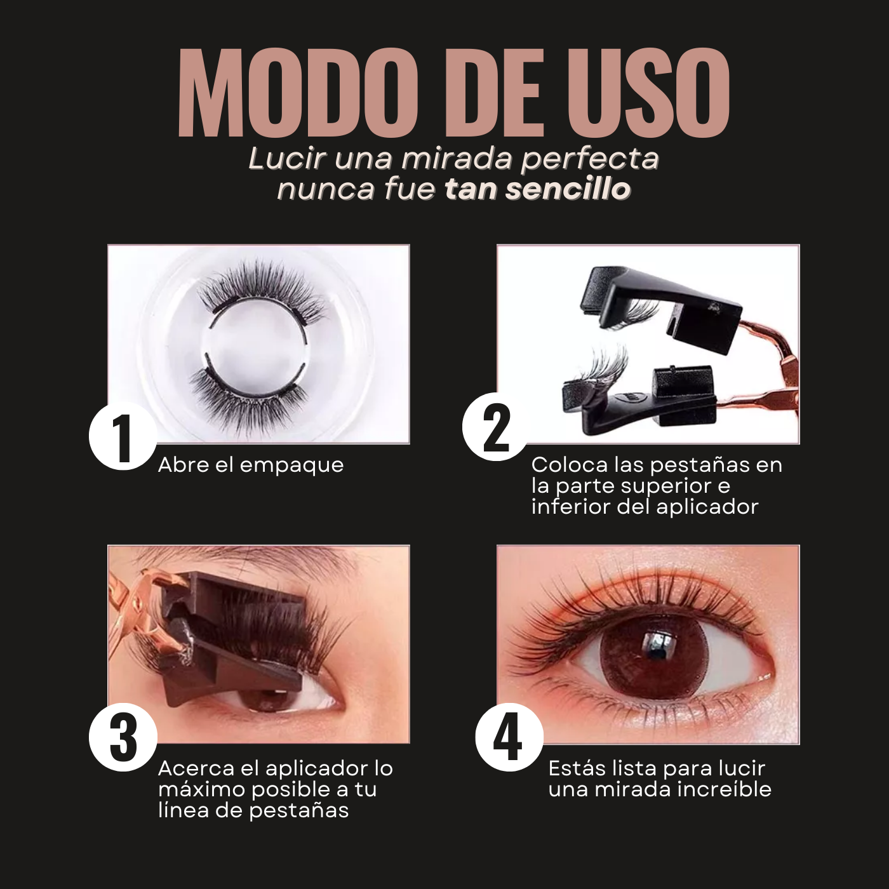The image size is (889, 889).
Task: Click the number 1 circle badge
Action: click(123, 436)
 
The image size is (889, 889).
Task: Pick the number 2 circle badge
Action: click(497, 427)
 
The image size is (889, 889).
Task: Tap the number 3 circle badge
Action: click(123, 739)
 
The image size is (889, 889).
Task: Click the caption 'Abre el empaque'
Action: click(250, 465)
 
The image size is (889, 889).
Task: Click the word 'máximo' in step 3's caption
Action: click(199, 789)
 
